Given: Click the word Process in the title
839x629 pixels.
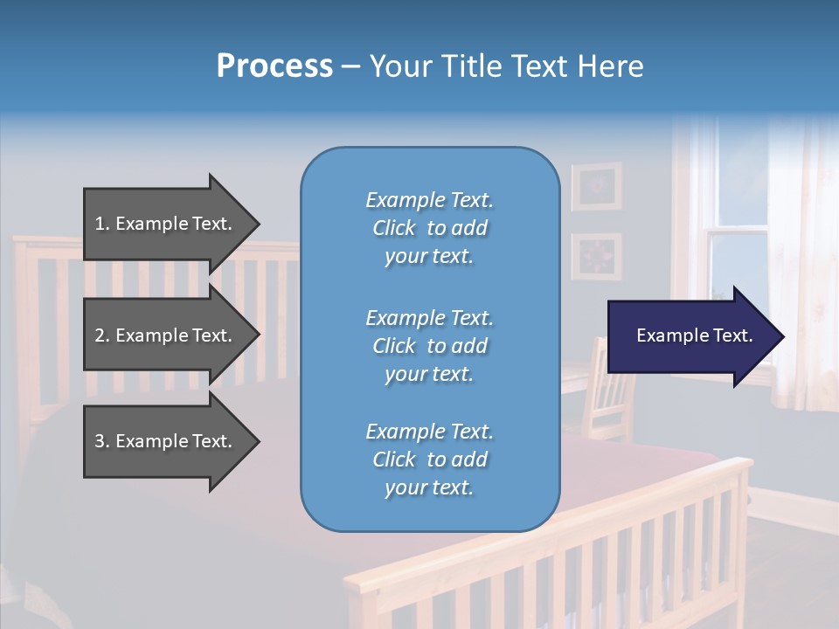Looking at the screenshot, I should point(274,66).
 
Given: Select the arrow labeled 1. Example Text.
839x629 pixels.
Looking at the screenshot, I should point(166,224).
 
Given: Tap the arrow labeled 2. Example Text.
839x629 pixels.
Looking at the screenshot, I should point(166,335).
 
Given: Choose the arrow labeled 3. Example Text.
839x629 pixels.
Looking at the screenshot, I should point(166,441).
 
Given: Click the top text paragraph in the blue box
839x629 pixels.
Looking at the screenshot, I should point(429,228).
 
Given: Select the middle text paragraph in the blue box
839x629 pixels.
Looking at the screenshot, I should point(429,346).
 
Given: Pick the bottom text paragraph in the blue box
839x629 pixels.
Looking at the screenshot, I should point(429,460).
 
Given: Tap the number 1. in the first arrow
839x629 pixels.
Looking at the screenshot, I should point(102,224).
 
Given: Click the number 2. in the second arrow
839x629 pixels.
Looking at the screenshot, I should point(102,335).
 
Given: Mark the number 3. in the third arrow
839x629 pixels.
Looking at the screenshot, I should point(102,441).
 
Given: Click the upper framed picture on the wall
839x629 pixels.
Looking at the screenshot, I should point(597,186).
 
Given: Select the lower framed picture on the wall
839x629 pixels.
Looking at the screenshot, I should point(597,256).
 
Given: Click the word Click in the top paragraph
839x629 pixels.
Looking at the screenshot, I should point(394,228).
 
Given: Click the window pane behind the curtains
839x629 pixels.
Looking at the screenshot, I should point(738,188).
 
